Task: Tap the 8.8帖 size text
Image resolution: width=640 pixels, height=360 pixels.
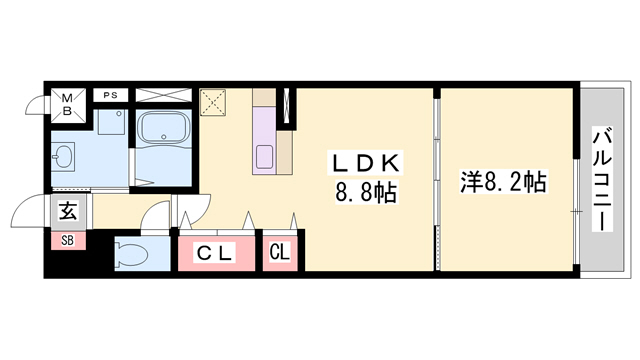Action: tap(367, 192)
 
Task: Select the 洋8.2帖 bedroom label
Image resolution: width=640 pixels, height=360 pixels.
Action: tap(502, 183)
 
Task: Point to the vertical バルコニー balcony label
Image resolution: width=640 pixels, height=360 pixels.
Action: tap(603, 180)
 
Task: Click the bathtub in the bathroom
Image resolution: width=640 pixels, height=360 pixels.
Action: tap(165, 134)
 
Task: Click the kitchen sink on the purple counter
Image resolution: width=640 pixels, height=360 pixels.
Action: tap(265, 157)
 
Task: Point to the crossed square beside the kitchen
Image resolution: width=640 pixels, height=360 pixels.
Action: tap(214, 102)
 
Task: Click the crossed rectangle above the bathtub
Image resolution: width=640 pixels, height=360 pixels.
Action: tap(165, 96)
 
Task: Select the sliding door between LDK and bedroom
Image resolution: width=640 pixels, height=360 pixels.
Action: tap(436, 180)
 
